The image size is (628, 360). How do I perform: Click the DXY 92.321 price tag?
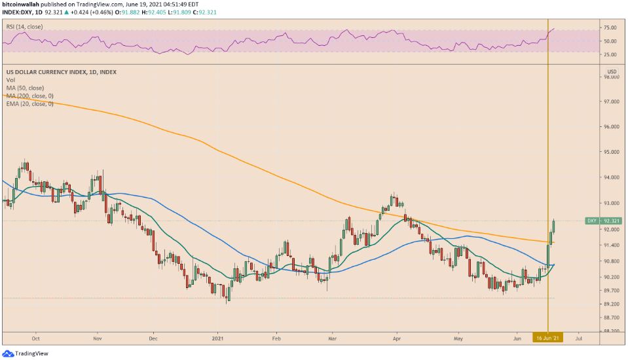coord(602,221)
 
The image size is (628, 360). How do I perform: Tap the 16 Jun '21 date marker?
coord(547,338)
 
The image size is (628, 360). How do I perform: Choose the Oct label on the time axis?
coord(36,338)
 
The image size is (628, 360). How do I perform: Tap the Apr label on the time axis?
coord(396,338)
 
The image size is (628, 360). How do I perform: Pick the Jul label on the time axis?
coord(579,338)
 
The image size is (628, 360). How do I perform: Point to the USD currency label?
coord(612,71)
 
